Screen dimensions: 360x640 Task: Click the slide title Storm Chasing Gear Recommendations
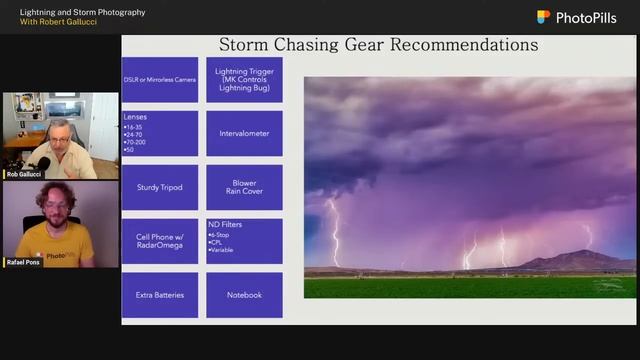click(378, 45)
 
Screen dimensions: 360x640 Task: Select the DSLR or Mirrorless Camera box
click(159, 79)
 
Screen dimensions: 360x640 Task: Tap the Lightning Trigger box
click(244, 79)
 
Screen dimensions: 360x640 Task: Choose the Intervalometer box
click(244, 133)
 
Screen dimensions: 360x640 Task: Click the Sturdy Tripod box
click(159, 187)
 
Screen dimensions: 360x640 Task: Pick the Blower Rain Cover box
click(244, 187)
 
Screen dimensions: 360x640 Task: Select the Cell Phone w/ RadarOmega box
click(159, 241)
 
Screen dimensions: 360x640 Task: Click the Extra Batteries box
click(159, 295)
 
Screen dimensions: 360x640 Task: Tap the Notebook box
click(244, 295)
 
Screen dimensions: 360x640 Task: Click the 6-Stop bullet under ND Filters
click(221, 235)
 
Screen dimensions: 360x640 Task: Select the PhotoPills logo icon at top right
click(544, 17)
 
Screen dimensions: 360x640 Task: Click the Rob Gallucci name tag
click(25, 174)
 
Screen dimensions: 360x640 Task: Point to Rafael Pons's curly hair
click(55, 191)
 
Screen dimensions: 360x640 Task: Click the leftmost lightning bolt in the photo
click(334, 235)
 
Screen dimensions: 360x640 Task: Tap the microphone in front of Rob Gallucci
click(42, 162)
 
